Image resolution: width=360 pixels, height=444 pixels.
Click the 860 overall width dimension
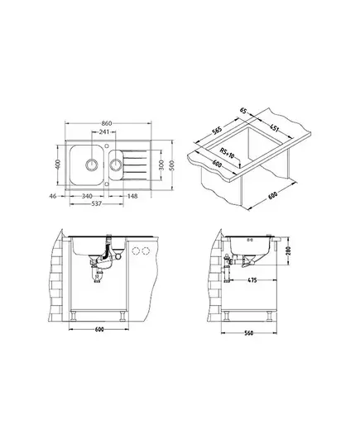coord(107,123)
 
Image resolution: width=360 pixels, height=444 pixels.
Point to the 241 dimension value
coord(104,131)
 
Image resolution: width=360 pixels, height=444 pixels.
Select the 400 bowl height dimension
coord(58,165)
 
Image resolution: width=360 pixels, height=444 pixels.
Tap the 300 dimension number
coord(161,165)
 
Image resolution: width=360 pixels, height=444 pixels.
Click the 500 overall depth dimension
coord(171,165)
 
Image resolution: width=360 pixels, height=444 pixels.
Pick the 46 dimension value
coord(53,196)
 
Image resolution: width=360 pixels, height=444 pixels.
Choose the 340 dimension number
coord(87,196)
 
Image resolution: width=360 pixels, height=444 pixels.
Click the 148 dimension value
coord(132,196)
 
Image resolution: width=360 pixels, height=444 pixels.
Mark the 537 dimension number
coord(96,203)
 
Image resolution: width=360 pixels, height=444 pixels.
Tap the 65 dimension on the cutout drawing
coord(243,110)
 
